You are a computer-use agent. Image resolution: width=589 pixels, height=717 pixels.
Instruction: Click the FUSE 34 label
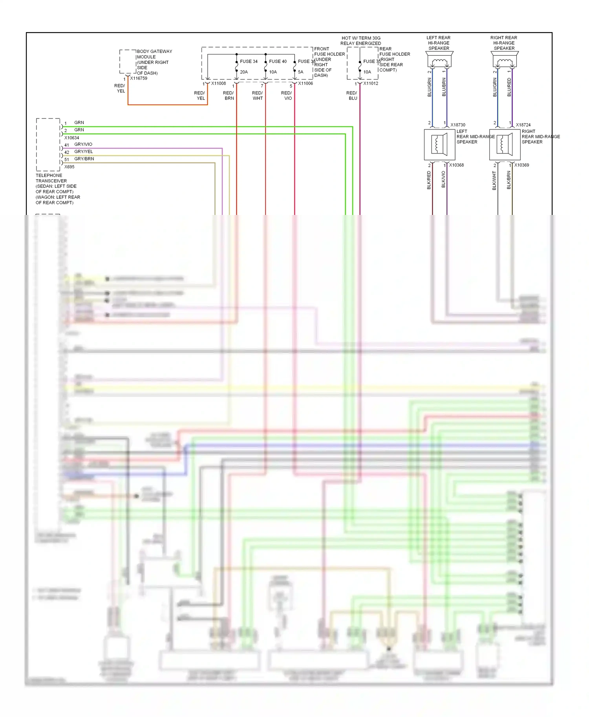pos(249,62)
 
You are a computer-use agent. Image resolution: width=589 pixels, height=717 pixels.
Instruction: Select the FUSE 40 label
pos(278,62)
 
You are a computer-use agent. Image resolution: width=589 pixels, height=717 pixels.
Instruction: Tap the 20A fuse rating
pos(244,72)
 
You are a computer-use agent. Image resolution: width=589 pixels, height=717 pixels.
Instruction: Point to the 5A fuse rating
pos(300,72)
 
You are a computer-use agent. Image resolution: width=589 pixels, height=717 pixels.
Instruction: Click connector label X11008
pos(218,84)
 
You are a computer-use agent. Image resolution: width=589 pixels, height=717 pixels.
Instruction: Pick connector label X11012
pos(371,84)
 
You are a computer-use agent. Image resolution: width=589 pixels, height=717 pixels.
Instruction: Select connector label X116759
pos(139,78)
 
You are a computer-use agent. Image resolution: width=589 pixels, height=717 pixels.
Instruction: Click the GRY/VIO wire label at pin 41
pos(83,144)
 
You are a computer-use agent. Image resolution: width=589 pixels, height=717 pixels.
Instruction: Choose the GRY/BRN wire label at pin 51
pos(84,159)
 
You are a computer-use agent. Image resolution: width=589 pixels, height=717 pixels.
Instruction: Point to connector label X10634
pos(71,138)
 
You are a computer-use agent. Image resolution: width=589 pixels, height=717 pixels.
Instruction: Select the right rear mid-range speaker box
pos(505,144)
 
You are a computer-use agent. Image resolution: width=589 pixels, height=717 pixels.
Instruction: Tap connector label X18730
pos(458,125)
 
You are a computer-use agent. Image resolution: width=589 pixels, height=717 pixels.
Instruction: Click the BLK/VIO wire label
pos(443,180)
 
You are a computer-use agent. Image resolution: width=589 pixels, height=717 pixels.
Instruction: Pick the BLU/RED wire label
pos(509,87)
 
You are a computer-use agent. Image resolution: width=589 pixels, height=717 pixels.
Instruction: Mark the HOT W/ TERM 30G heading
pos(361,38)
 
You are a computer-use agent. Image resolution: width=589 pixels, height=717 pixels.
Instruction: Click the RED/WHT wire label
pos(258,96)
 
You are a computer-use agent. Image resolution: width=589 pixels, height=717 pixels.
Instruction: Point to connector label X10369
pos(521,165)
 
